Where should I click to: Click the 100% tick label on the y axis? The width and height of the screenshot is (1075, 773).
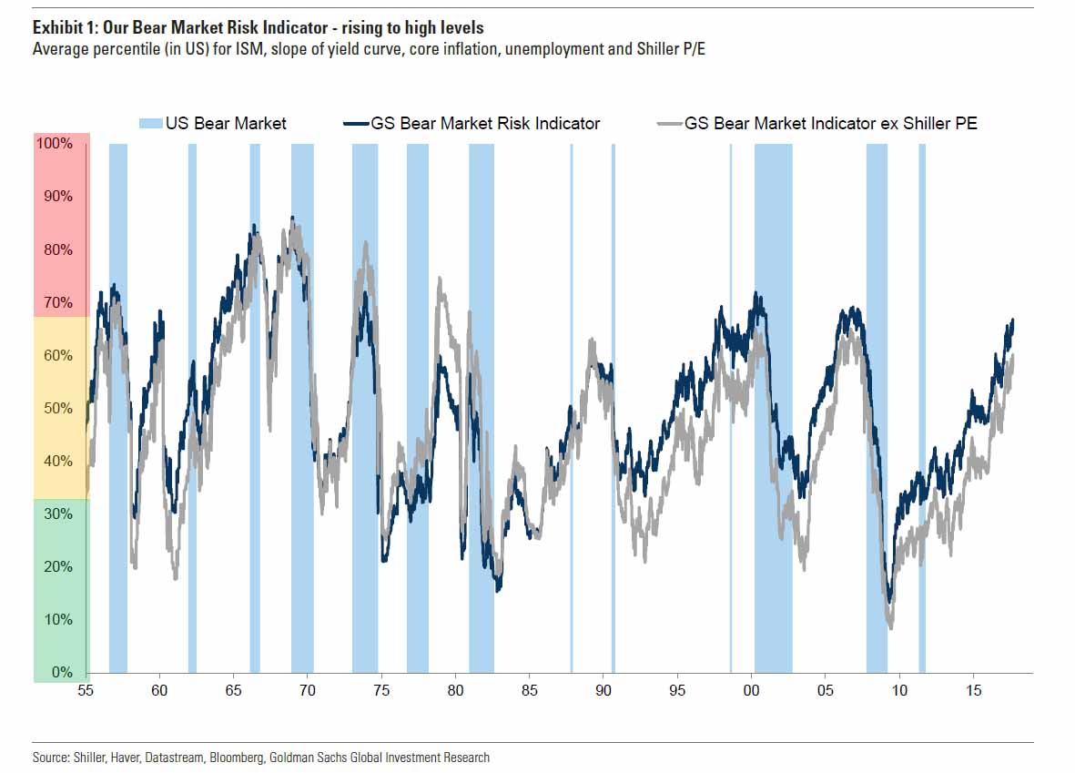[53, 144]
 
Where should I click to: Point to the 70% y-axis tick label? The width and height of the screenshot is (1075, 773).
[55, 302]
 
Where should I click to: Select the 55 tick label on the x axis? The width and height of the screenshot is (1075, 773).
[86, 690]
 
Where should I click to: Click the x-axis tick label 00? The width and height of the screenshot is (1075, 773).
[751, 690]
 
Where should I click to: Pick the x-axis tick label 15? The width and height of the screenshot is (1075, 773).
[973, 690]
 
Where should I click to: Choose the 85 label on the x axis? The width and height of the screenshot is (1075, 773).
[530, 690]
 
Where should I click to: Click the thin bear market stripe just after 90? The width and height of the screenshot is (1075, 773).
[614, 410]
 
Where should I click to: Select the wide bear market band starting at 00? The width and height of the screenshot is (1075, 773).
[773, 410]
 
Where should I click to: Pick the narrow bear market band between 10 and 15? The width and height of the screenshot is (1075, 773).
[922, 410]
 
